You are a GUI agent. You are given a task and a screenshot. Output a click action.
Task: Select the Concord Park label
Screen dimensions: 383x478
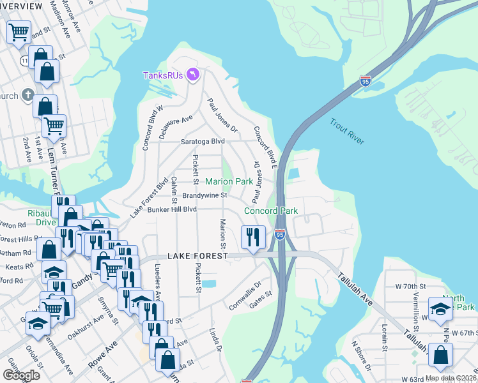point(271,211)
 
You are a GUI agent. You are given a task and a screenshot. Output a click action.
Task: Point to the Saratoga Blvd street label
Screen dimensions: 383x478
point(203,141)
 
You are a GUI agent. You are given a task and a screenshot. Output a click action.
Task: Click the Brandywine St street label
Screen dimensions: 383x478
point(204,195)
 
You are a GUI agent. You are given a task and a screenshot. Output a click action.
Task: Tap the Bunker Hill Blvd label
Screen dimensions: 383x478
point(171,209)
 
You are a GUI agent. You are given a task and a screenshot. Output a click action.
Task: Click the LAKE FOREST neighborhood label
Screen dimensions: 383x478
point(197,255)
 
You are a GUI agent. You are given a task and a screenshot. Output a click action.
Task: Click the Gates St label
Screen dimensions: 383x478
point(261,299)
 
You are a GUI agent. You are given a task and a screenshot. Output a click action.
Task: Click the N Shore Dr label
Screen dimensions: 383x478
point(361,356)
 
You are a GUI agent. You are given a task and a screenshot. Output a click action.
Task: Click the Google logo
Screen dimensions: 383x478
point(22,375)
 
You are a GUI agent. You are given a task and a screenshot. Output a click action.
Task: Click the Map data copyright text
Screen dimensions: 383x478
point(450,378)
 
